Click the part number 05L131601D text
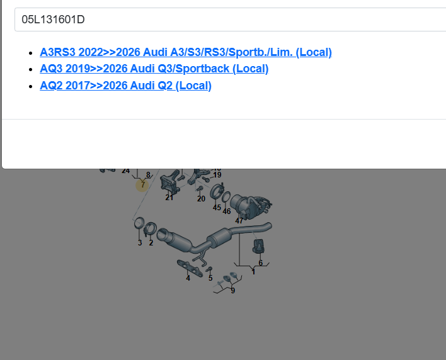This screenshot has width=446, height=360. [x=53, y=20]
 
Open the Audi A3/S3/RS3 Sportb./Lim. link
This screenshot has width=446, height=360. [x=186, y=52]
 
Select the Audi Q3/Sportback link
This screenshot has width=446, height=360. [x=154, y=69]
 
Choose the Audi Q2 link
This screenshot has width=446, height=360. [x=125, y=86]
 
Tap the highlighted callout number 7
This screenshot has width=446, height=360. [x=142, y=185]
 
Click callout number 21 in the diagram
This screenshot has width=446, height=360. [x=169, y=198]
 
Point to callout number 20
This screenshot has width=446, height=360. [x=201, y=199]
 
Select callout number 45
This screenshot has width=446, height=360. [x=217, y=208]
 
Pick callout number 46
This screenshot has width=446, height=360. [x=227, y=211]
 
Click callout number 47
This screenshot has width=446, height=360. [x=239, y=220]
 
